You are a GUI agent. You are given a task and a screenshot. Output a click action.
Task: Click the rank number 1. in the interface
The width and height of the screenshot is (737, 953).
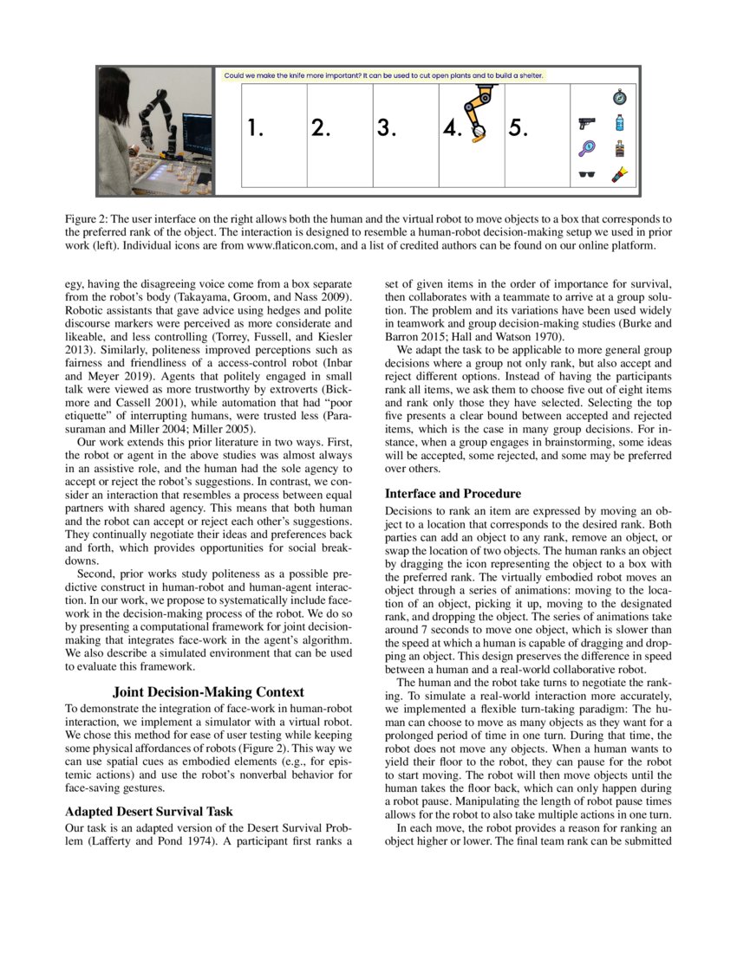(254, 128)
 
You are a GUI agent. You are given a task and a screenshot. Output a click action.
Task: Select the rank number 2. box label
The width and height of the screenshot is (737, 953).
(320, 128)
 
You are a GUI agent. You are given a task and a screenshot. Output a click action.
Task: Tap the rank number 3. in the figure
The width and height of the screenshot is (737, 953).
(387, 128)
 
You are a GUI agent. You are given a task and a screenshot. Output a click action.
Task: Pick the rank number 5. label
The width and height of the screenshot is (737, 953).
(519, 128)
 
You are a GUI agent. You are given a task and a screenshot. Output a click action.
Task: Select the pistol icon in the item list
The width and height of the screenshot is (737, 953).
(587, 124)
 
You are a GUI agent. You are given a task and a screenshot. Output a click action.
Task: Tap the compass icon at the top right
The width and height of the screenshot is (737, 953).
(619, 97)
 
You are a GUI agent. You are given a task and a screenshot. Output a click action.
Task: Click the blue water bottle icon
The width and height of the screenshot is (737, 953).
(619, 123)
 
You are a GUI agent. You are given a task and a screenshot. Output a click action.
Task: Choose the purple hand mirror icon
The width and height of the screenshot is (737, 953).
(587, 149)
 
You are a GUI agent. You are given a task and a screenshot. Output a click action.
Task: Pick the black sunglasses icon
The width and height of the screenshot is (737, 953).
(587, 176)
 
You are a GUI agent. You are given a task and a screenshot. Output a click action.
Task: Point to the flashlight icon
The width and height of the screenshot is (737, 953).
(619, 175)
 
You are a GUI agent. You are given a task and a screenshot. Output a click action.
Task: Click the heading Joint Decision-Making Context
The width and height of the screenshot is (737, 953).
(208, 691)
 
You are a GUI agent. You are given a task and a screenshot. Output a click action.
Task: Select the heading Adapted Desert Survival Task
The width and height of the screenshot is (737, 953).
(148, 812)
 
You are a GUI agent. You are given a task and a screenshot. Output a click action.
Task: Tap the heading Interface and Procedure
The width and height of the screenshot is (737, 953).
(453, 494)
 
